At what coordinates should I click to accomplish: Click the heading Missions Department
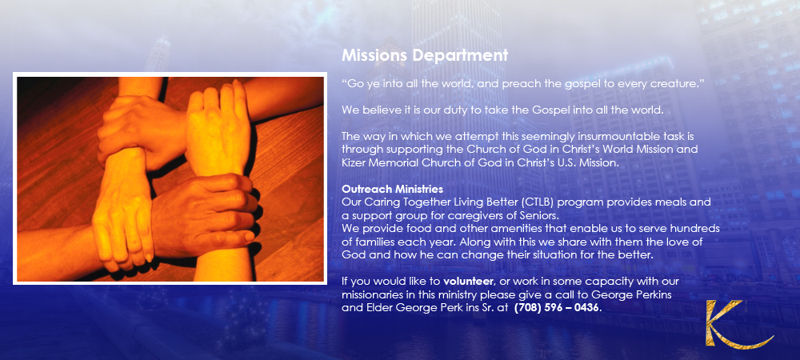click(425, 55)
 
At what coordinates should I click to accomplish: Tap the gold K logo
click(738, 324)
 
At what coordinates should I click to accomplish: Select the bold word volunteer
click(468, 282)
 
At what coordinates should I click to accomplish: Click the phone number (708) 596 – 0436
click(557, 308)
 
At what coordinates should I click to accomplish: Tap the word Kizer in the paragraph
click(354, 162)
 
